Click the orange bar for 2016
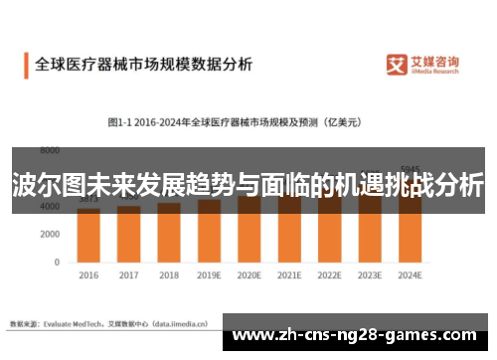(88, 234)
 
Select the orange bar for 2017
(129, 233)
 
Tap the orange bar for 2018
(169, 232)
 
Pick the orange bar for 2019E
(210, 230)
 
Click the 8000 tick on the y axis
(49, 150)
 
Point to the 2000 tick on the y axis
(49, 234)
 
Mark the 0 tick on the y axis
(57, 262)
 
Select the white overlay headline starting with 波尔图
(248, 185)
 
